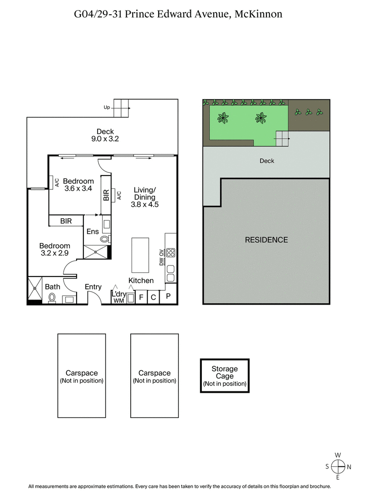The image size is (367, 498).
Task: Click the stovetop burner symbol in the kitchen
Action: point(171,252)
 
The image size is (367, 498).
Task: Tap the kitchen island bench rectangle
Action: point(140,255)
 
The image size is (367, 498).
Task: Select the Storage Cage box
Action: point(225,376)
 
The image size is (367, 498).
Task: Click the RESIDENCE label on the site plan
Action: point(266,240)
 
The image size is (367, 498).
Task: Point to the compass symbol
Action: point(338,467)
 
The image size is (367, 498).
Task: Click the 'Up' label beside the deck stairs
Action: point(107,108)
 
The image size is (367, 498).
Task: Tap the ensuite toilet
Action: point(105,239)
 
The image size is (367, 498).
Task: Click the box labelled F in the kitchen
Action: point(141,297)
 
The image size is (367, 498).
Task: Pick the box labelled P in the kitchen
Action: point(168,296)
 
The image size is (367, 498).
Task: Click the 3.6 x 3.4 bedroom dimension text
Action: point(78,188)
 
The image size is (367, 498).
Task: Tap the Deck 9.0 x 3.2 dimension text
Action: point(105,139)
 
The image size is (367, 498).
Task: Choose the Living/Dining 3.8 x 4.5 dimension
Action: point(145,205)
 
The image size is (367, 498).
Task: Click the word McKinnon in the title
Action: point(258,14)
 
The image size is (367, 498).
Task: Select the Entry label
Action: point(93,287)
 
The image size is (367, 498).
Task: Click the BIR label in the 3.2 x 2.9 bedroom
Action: point(66,221)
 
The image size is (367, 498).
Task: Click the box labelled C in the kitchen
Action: point(154,297)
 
